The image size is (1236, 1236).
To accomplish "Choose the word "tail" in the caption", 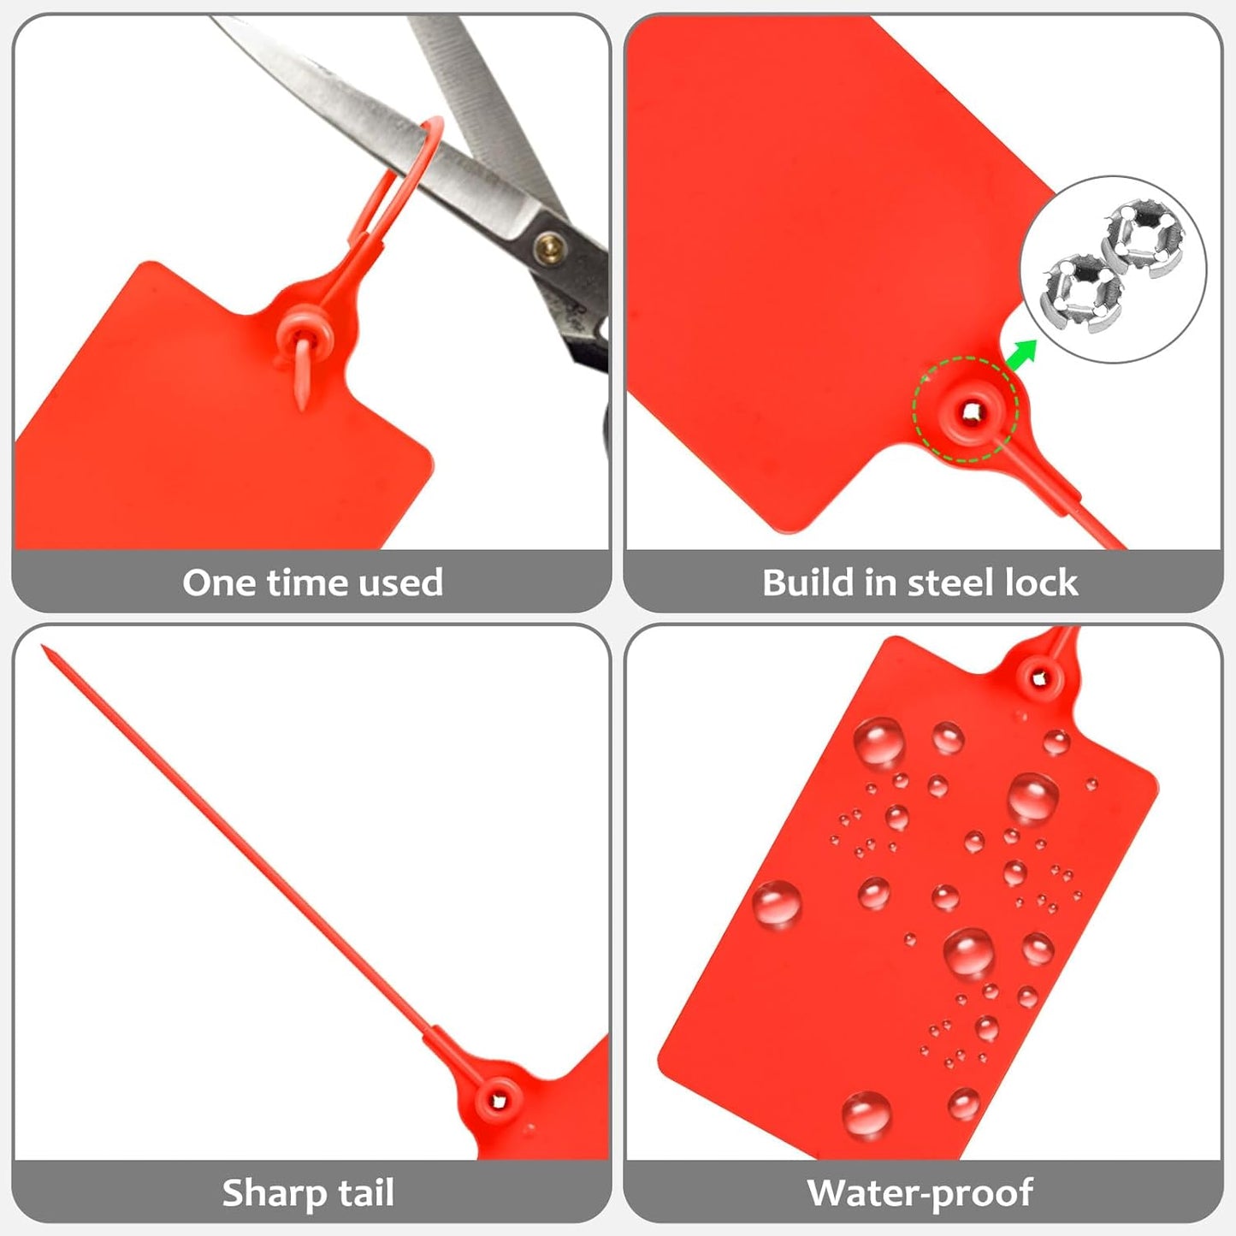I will coord(366,1192).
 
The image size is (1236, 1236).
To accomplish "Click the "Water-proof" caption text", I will coord(920,1192).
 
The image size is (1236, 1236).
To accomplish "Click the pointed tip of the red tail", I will coord(44,649).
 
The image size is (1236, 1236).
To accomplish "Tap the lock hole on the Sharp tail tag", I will coord(499,1101).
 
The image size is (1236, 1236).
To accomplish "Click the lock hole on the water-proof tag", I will coord(1039,679).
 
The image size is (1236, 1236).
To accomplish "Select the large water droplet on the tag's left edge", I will coord(777,903).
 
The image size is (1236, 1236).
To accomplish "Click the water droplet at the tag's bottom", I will coord(866,1113).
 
